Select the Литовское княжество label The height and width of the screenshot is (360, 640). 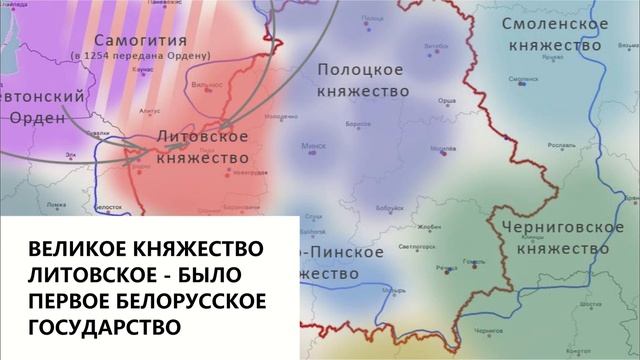pos(203,147)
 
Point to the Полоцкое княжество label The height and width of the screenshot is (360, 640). pos(361,79)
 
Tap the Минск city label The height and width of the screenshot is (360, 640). pos(313,145)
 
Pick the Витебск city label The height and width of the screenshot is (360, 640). pos(435,44)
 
